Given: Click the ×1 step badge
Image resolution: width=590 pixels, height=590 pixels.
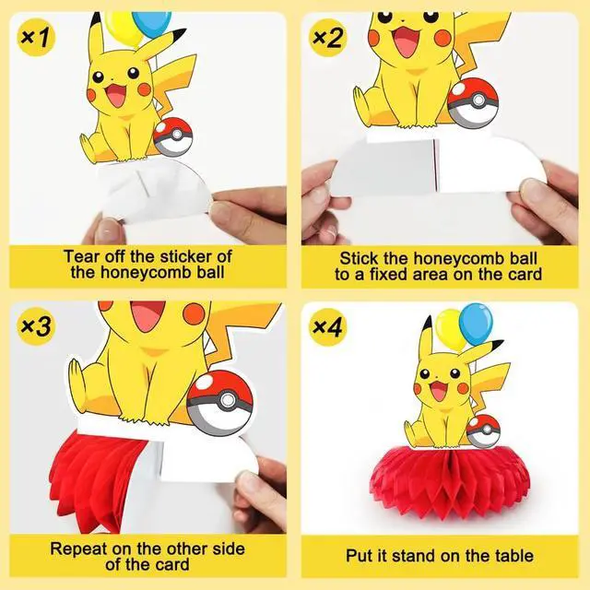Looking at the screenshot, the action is click(x=36, y=37).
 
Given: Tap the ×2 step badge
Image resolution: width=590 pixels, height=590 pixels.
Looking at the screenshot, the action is click(x=328, y=37).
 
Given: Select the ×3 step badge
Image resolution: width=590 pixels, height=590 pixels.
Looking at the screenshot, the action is click(x=36, y=326).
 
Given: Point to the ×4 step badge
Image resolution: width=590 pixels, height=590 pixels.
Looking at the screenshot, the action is click(x=328, y=326).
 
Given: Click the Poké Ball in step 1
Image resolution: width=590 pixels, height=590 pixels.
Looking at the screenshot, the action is click(x=172, y=137).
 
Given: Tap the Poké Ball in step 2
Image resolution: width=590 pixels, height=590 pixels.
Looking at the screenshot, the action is click(x=473, y=102).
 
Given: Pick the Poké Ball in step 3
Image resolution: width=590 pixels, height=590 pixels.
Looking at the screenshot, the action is click(x=219, y=403).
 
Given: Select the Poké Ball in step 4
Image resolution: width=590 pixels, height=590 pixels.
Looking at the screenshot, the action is click(x=483, y=431).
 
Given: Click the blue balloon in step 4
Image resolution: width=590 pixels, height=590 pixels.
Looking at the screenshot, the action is click(x=476, y=324).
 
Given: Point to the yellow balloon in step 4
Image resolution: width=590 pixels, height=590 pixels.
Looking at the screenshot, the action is click(x=451, y=330).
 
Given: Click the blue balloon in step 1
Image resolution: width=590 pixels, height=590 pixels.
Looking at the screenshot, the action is click(x=152, y=24).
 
